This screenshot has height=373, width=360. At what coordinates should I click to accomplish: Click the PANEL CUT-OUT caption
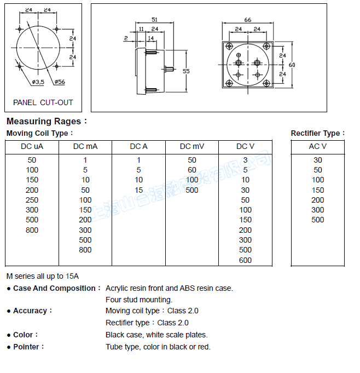click(43, 102)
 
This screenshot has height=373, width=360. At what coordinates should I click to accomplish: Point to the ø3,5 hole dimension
click(38, 82)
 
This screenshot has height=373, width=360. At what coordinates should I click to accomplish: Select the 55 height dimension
click(186, 72)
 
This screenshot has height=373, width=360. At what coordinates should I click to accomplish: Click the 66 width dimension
click(248, 20)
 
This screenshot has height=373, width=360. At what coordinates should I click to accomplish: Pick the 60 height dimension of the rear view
click(292, 65)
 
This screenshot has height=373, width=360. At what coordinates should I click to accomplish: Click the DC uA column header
click(32, 147)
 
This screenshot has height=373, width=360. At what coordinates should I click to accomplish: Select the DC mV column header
click(191, 147)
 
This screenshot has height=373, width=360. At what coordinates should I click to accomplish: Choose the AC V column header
click(317, 147)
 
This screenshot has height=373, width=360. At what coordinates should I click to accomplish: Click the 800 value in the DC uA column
click(32, 230)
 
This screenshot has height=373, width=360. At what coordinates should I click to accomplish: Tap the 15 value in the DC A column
click(138, 190)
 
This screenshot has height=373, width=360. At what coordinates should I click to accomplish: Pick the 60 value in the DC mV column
click(191, 170)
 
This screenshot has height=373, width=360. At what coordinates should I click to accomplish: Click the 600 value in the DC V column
click(245, 260)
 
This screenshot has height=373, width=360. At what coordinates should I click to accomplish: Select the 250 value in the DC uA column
click(32, 200)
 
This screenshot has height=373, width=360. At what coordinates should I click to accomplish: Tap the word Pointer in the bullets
click(27, 347)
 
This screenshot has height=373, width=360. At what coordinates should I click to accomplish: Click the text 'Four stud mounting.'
click(139, 300)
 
